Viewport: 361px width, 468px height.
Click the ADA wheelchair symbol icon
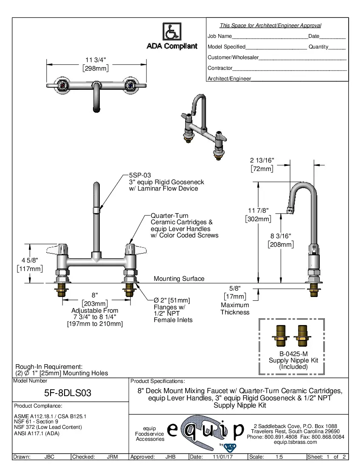point(172,32)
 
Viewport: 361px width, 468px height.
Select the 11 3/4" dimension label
point(96,60)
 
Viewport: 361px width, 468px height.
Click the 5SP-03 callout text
point(140,175)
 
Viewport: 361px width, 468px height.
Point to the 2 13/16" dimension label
point(262,160)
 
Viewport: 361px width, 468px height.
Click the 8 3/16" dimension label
point(281,236)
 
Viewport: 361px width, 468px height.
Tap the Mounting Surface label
point(179,279)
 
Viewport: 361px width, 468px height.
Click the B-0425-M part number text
point(293,354)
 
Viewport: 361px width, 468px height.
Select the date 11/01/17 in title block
point(222,457)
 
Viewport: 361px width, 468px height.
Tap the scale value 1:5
point(279,457)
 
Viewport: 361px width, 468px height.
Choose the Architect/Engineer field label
point(229,78)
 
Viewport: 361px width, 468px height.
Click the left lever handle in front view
point(59,248)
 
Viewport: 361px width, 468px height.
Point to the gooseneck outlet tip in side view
point(290,210)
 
